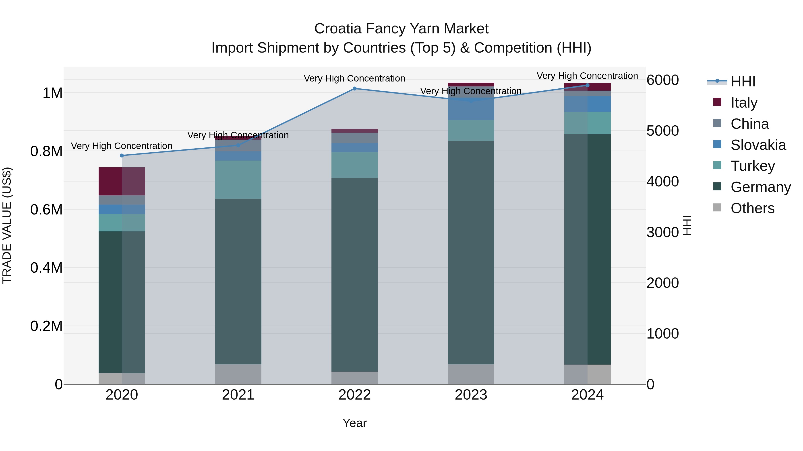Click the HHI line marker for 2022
click(x=354, y=89)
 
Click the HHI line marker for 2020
click(x=122, y=156)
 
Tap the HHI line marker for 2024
click(x=587, y=85)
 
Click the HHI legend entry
click(x=743, y=82)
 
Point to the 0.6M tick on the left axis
click(x=46, y=210)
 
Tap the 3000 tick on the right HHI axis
click(x=662, y=232)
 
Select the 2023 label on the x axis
click(x=471, y=395)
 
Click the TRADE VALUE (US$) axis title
click(x=7, y=225)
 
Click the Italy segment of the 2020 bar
click(x=122, y=182)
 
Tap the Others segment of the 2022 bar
click(x=354, y=378)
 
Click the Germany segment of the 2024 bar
click(x=587, y=249)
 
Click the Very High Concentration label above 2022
click(x=354, y=78)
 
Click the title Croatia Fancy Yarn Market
click(x=401, y=29)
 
